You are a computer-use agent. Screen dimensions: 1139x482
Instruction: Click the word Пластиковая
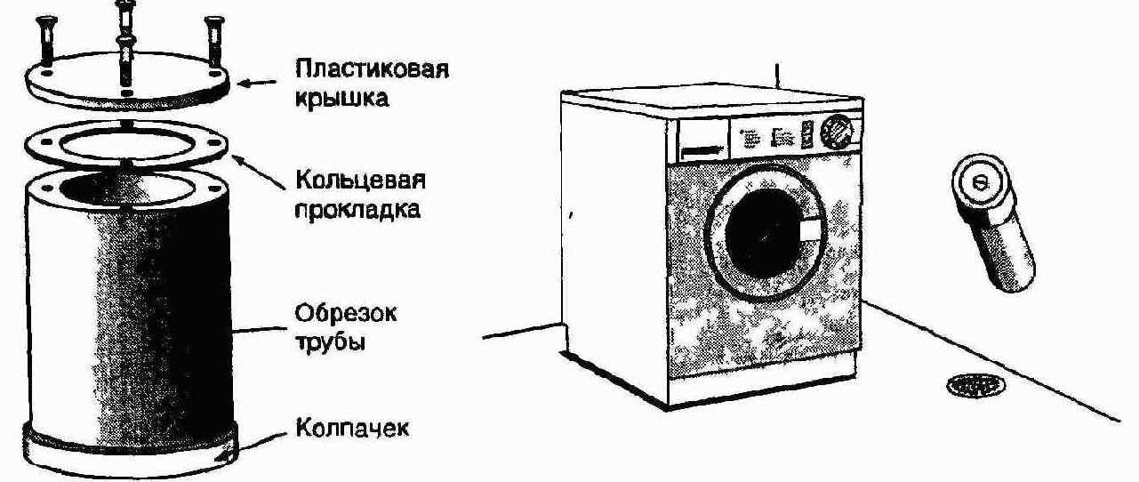373,69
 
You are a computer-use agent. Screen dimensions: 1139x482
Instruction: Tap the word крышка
341,98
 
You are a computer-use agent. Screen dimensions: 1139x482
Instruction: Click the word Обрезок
346,313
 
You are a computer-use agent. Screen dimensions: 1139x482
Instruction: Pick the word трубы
330,342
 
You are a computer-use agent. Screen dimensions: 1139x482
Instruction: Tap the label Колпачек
352,428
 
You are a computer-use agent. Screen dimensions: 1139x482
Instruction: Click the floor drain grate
975,387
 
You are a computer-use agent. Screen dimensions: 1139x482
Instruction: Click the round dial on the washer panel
837,132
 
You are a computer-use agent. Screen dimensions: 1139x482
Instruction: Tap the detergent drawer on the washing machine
702,141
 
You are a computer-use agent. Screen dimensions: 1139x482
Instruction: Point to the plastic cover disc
127,81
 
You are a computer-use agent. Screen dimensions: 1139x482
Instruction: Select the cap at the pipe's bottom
130,450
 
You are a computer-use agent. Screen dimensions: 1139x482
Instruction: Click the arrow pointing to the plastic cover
257,83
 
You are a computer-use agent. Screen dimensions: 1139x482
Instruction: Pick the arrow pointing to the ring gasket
259,172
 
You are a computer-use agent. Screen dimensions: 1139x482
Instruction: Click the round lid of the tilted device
979,182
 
